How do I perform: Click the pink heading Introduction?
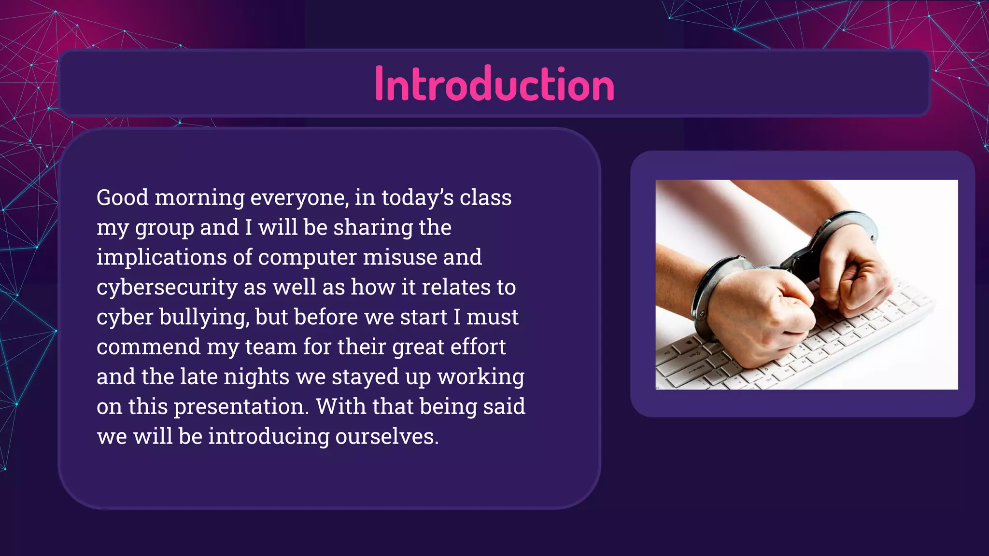pos(494,84)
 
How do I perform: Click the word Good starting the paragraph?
pos(122,198)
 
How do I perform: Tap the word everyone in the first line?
pos(299,198)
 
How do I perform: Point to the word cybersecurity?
pos(167,288)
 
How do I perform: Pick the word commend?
pos(148,347)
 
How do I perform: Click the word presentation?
pos(241,407)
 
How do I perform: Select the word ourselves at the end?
pos(387,437)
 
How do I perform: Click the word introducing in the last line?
pos(268,437)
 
